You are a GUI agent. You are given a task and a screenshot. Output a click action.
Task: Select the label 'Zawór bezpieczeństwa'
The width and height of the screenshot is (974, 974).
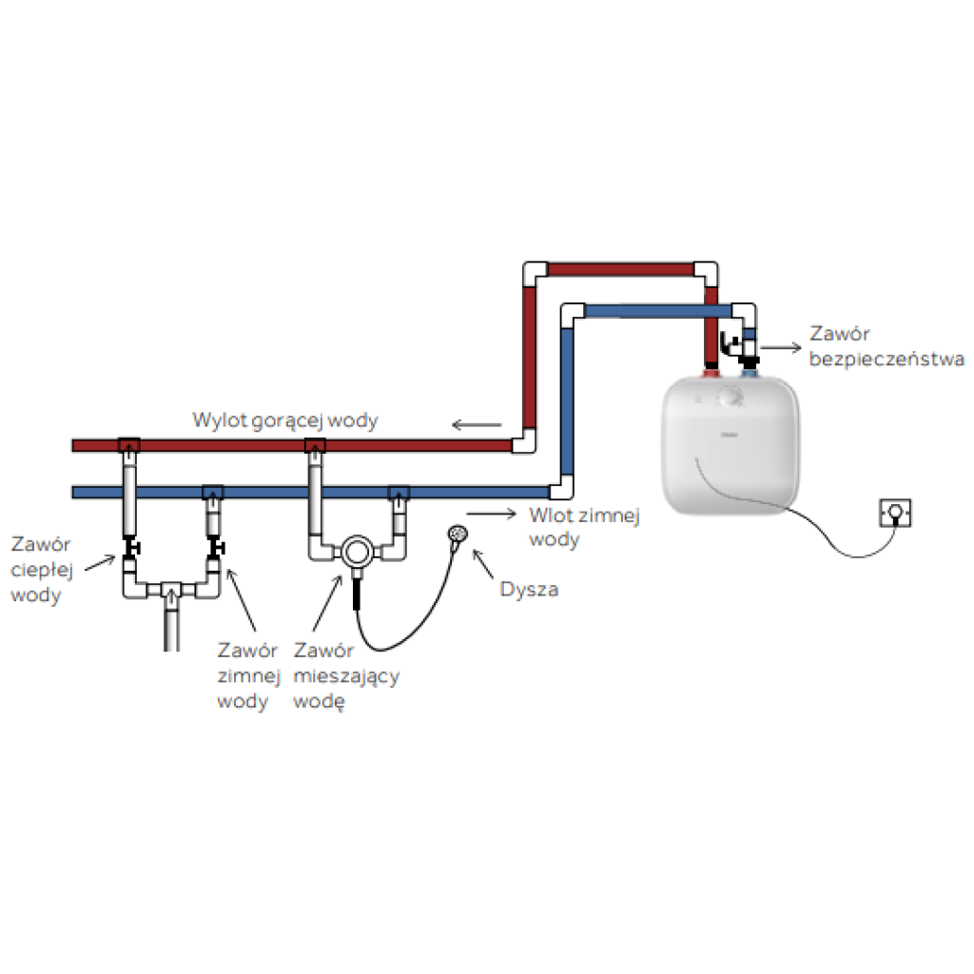pyautogui.click(x=885, y=346)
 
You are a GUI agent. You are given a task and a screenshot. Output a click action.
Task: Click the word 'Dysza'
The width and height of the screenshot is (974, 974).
pyautogui.click(x=529, y=590)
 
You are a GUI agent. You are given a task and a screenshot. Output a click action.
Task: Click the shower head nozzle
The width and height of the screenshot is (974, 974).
pyautogui.click(x=458, y=536)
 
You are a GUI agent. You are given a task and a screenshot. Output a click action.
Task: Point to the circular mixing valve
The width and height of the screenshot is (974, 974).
pyautogui.click(x=357, y=552)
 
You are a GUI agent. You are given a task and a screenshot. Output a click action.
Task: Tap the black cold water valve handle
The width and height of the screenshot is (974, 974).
pyautogui.click(x=216, y=548)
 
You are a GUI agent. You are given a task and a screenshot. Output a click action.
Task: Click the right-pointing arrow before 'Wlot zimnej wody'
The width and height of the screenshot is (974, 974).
pyautogui.click(x=485, y=514)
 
